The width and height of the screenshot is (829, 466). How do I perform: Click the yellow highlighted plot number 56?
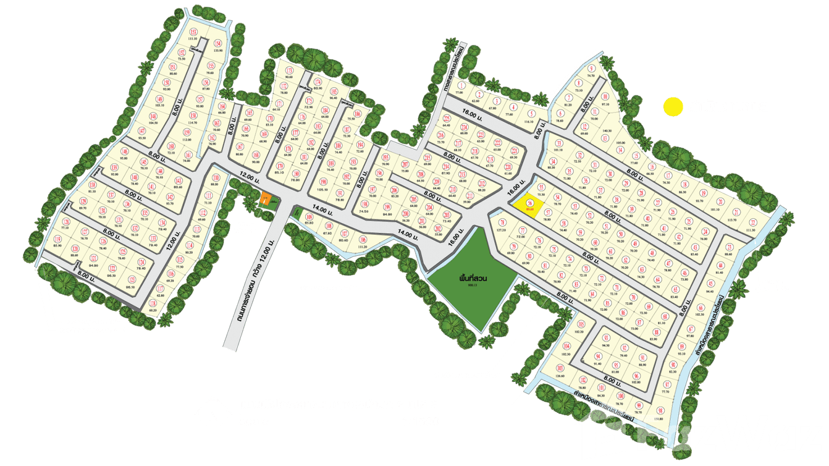click(x=529, y=203)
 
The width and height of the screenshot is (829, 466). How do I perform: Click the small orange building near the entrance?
click(x=265, y=199)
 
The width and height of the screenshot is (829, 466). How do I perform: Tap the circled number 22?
click(x=752, y=222)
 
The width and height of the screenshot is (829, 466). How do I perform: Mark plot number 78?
click(x=502, y=223)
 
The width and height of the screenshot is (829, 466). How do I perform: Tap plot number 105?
click(x=581, y=324)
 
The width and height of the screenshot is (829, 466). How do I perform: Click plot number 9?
click(x=591, y=69)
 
